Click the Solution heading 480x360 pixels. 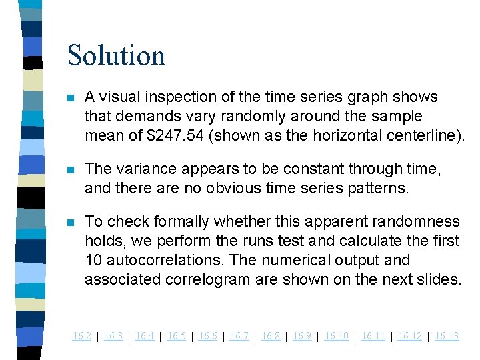116,55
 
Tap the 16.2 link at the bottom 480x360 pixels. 81,336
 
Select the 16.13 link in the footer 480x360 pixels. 447,336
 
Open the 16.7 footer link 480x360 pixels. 239,336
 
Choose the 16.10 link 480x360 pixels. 336,336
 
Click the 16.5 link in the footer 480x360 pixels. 176,336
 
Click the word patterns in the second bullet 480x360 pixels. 381,189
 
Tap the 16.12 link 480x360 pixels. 409,336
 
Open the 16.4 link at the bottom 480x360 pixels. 145,336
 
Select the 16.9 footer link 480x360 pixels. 302,336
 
